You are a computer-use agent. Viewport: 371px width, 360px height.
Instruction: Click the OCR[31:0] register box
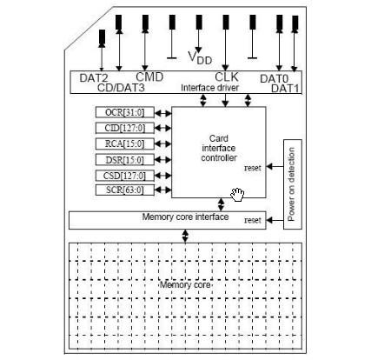point(125,112)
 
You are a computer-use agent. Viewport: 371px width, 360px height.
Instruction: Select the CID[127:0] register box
point(125,128)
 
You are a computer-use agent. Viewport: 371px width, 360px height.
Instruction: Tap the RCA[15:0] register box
point(125,143)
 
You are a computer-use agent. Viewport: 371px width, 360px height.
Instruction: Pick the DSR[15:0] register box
point(125,160)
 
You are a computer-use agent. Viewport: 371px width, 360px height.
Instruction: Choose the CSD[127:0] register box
point(125,176)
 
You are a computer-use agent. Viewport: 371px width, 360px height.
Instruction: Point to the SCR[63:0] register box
point(125,190)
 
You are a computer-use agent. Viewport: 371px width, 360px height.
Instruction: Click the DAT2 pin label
point(94,78)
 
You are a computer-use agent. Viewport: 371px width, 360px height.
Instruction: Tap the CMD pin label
point(149,77)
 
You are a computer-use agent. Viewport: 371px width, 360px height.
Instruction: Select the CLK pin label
point(227,77)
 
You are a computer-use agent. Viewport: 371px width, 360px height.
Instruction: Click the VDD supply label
point(200,57)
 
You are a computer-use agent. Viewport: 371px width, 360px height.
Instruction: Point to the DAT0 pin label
point(275,78)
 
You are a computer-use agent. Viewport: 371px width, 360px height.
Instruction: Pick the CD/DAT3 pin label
point(121,88)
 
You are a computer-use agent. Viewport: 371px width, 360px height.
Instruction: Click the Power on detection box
point(293,184)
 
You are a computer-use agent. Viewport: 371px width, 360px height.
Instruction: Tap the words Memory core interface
point(185,217)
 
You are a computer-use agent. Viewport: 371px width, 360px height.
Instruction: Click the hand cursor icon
point(237,194)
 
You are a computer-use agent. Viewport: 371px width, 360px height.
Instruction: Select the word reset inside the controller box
point(253,168)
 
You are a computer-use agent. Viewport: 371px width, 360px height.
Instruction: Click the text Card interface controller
point(219,148)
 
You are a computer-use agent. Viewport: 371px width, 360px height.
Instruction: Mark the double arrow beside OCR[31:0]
point(163,113)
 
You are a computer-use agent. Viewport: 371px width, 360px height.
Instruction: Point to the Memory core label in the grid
point(185,284)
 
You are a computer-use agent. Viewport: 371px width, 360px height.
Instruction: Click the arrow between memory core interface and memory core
point(185,236)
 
